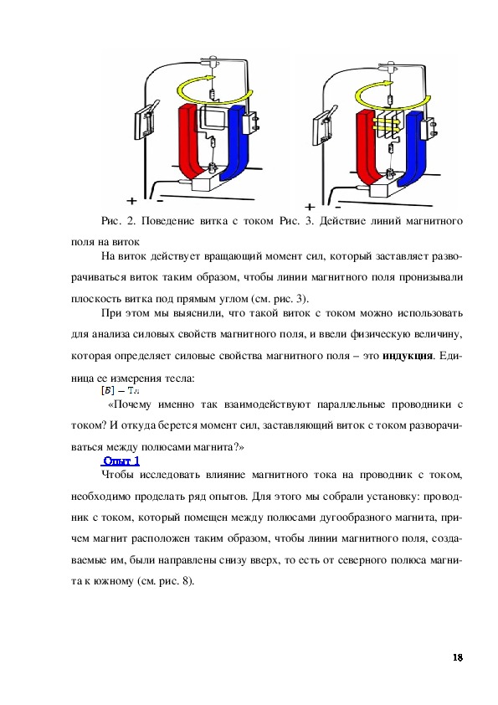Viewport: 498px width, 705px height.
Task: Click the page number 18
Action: tap(458, 657)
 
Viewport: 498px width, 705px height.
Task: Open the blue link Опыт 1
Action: tap(121, 461)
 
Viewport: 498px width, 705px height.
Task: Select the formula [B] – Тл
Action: tap(120, 390)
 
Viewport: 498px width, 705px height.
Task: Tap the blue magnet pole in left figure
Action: tap(236, 144)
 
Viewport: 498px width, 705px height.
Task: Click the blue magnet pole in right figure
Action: tap(413, 148)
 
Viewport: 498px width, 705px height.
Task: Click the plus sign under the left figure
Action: tap(131, 200)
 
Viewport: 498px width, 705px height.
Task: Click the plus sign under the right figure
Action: tap(310, 207)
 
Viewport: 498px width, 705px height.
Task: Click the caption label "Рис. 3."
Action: tap(296, 221)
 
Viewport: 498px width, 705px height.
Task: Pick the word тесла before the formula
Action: tap(179, 378)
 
